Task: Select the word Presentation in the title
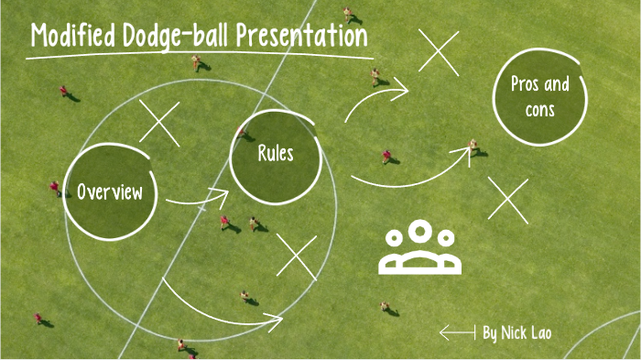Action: click(x=302, y=37)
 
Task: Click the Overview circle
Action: click(x=110, y=191)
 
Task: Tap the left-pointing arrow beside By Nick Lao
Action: click(x=457, y=333)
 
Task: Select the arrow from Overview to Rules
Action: click(x=197, y=196)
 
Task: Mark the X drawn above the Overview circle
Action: click(x=159, y=124)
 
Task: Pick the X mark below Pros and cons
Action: click(x=508, y=199)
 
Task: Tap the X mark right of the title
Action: click(x=439, y=50)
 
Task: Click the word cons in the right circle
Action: click(x=539, y=110)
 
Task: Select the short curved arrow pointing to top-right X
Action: click(x=376, y=98)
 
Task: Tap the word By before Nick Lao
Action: click(x=491, y=333)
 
